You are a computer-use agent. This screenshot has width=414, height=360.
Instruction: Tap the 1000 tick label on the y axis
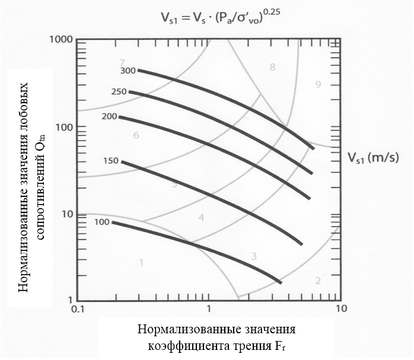(61, 40)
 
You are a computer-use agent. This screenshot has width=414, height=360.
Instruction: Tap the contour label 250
(119, 92)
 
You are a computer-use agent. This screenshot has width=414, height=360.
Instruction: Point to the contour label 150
(111, 161)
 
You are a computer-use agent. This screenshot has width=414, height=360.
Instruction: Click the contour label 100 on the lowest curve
(102, 222)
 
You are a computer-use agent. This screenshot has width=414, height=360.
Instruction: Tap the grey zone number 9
(318, 85)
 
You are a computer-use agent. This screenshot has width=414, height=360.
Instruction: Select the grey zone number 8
(272, 67)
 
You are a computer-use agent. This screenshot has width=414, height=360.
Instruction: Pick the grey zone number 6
(136, 135)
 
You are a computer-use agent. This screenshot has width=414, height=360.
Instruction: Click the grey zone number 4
(201, 218)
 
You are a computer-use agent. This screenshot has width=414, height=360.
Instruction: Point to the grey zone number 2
(318, 281)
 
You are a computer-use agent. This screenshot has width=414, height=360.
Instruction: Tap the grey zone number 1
(141, 262)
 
